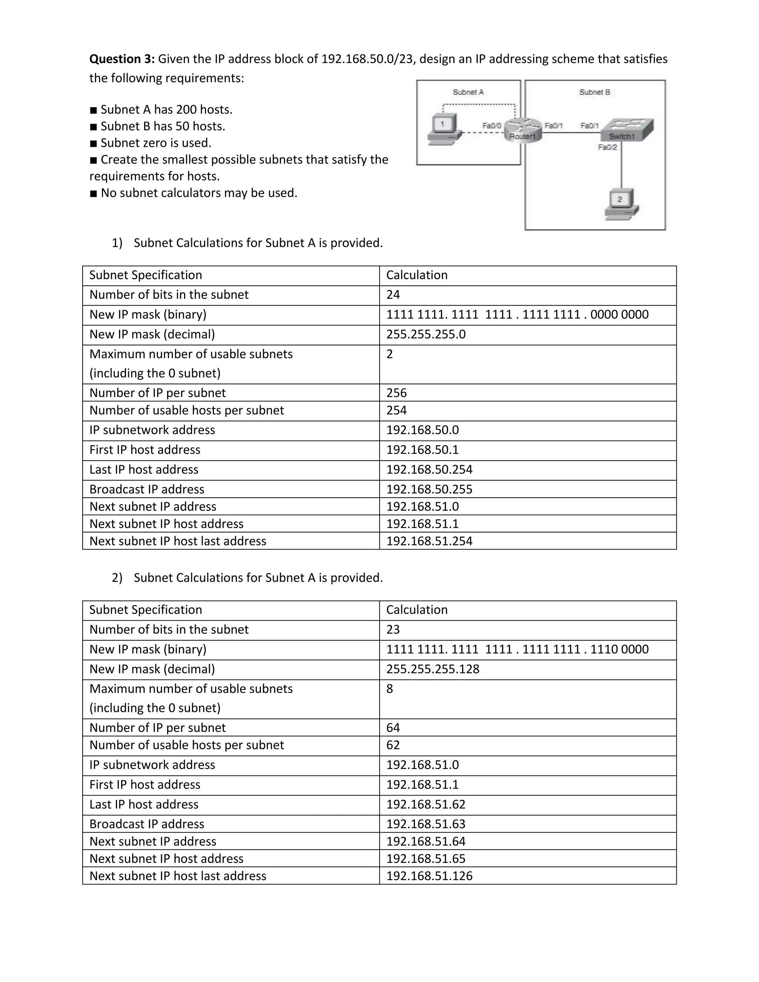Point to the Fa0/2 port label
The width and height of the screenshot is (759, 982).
[607, 147]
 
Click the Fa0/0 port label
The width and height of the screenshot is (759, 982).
[491, 126]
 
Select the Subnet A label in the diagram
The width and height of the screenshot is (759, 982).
[468, 92]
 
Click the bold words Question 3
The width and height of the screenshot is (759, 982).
[122, 59]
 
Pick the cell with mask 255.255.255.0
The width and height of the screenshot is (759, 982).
[425, 335]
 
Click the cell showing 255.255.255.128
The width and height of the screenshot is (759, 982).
[432, 669]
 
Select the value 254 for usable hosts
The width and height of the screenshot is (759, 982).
[396, 411]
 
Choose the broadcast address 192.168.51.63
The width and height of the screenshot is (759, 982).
[425, 824]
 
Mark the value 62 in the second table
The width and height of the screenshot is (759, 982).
[393, 745]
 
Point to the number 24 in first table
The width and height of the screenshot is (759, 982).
[393, 295]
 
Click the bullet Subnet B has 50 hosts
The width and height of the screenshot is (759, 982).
[162, 126]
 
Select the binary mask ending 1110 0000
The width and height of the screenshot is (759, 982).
[517, 649]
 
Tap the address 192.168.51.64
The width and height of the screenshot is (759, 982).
[425, 841]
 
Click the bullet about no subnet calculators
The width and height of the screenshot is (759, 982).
[198, 193]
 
